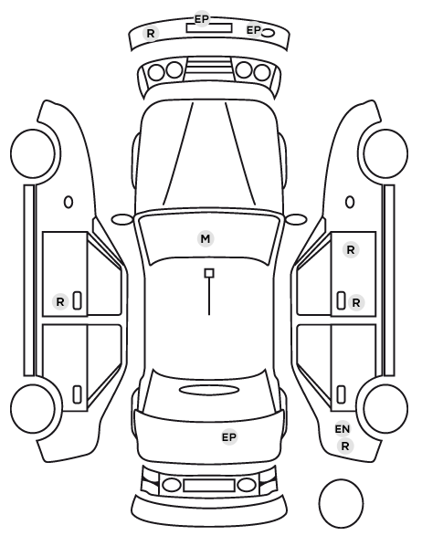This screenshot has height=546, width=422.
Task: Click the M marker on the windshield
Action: [206, 239]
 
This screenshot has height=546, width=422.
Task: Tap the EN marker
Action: [343, 429]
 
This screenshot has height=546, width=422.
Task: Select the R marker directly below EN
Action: [345, 446]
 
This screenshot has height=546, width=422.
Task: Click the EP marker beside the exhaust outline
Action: [254, 30]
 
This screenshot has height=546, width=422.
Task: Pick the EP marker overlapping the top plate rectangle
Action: [201, 19]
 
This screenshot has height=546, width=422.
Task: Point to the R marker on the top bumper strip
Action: [151, 34]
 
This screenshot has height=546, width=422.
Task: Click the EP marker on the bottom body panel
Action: [229, 436]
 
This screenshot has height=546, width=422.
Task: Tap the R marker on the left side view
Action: [60, 301]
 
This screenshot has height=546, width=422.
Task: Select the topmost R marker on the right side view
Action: [351, 249]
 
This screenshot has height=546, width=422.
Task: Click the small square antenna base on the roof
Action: [209, 273]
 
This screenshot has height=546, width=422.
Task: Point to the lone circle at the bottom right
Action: [341, 503]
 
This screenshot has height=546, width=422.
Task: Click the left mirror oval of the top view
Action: [122, 220]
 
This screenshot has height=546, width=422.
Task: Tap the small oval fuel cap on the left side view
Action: [69, 202]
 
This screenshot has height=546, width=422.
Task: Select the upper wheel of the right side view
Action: [385, 153]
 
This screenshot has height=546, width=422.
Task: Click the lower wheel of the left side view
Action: [33, 408]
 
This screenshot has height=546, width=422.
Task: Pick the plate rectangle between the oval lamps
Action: [209, 485]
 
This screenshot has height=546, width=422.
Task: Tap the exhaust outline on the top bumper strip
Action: [268, 33]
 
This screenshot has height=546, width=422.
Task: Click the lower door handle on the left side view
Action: [77, 394]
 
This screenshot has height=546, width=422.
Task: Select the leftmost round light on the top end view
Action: [156, 72]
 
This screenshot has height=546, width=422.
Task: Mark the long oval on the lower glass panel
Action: [209, 390]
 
